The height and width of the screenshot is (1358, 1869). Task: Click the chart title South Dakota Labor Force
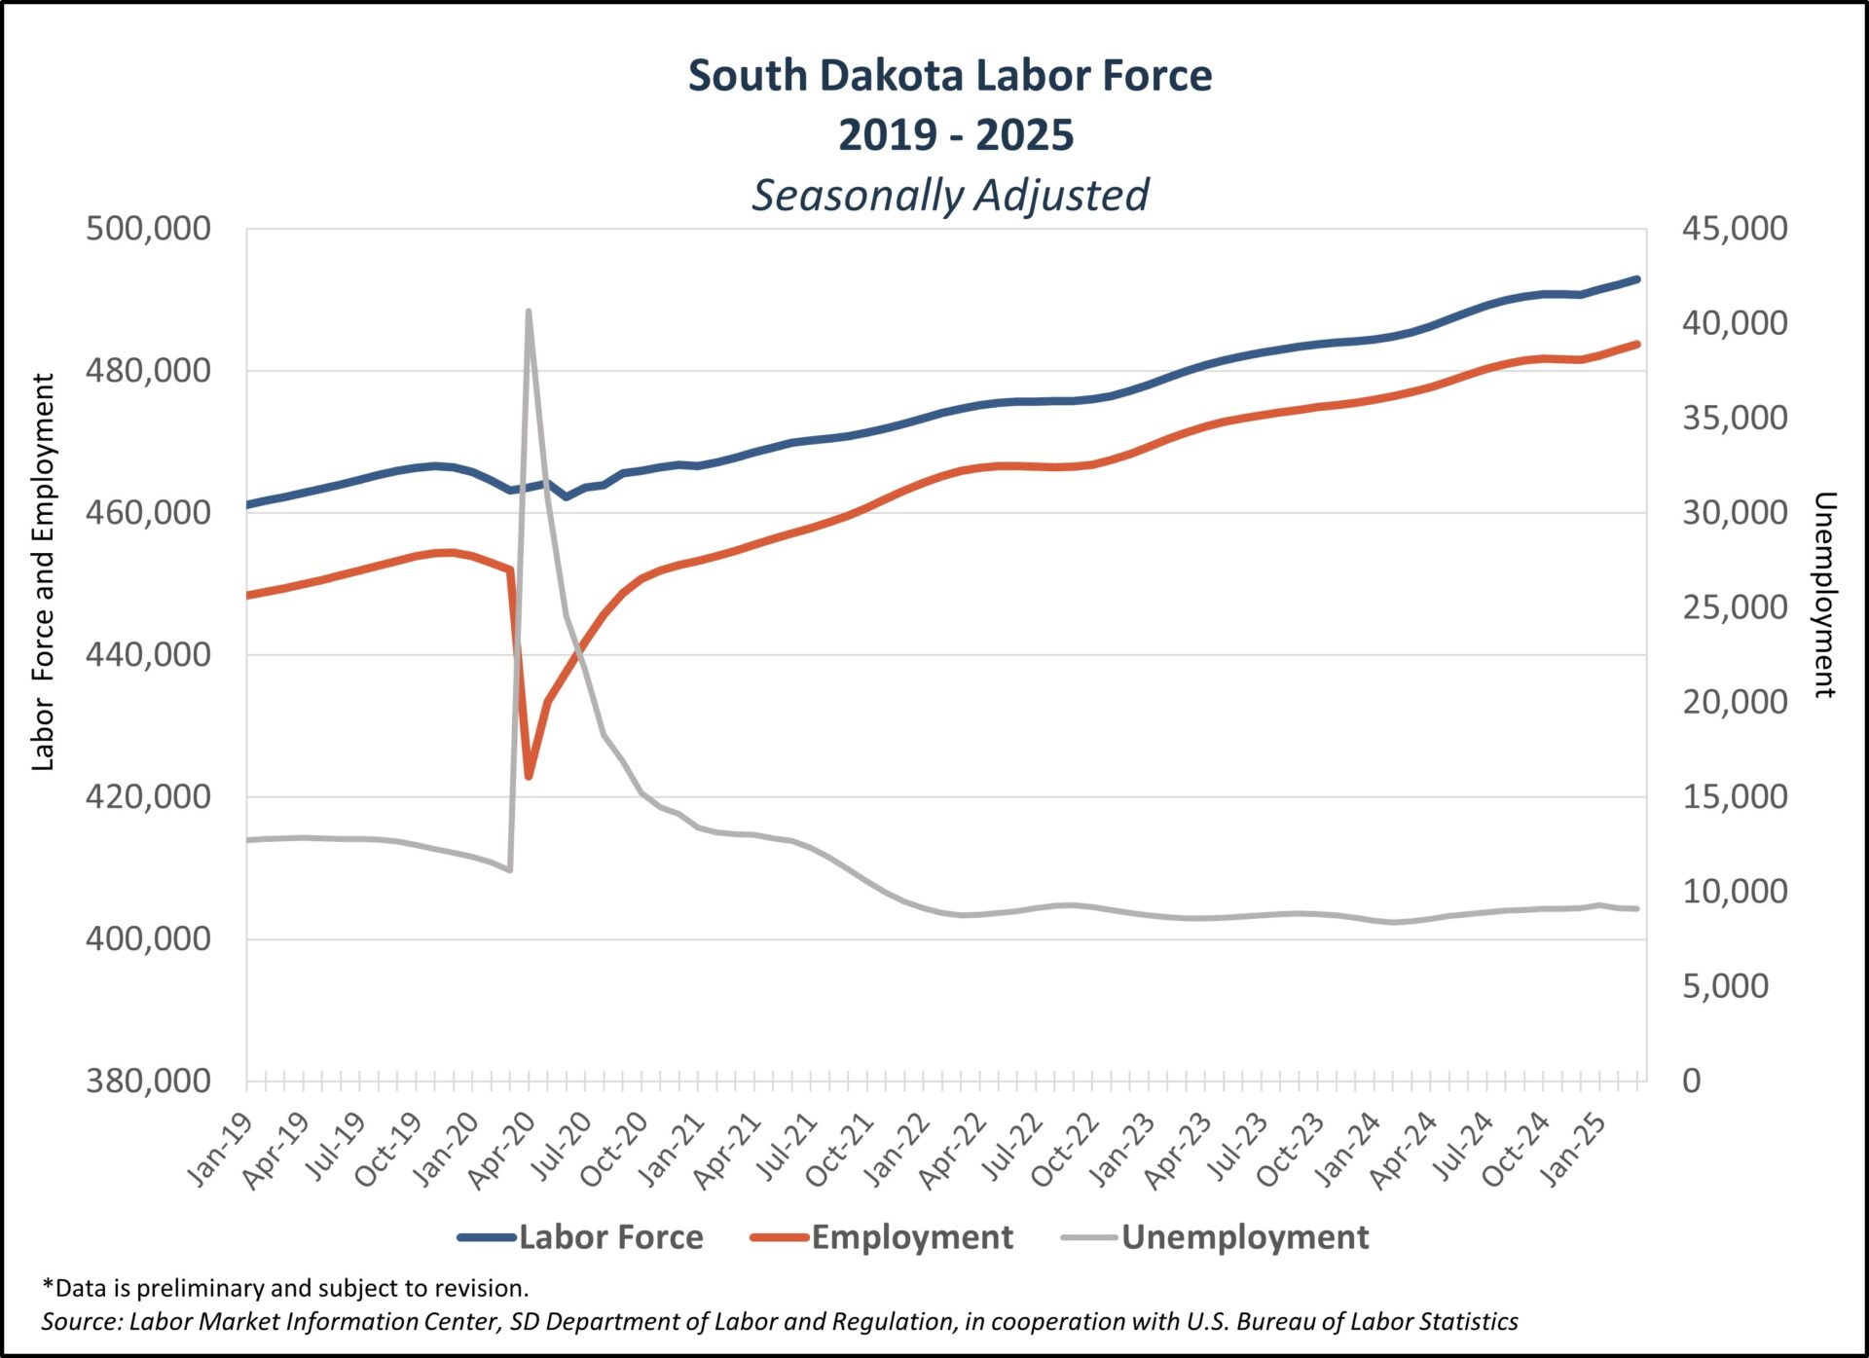[950, 76]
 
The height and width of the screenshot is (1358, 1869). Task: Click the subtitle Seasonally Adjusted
[950, 195]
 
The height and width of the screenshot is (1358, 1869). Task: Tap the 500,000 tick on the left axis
[148, 229]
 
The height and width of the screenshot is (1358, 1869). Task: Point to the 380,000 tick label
[148, 1081]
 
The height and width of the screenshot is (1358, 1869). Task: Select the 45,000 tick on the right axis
[1735, 229]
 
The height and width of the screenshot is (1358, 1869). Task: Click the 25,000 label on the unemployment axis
[1735, 607]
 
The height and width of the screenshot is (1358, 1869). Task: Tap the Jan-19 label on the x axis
[220, 1151]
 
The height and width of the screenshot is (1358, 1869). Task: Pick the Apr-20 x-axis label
[502, 1151]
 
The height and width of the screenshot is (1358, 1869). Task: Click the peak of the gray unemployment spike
[528, 312]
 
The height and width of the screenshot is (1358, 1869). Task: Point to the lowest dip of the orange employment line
[529, 776]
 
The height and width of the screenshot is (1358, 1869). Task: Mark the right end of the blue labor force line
[1637, 279]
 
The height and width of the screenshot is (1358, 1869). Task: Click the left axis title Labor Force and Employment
[43, 572]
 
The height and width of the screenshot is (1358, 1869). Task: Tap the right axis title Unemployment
[1824, 594]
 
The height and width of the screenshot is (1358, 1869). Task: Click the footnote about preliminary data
[285, 1288]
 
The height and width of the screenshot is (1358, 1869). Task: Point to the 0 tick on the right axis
[1692, 1081]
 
